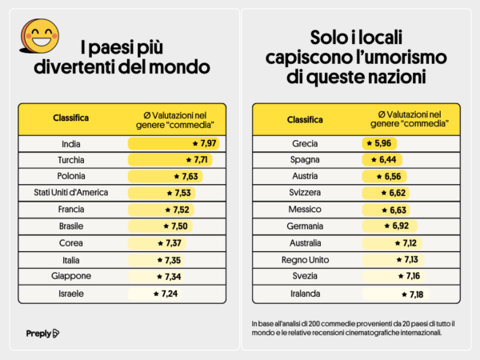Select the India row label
[x=71, y=144]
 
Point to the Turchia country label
[x=71, y=160]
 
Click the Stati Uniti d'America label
[x=71, y=193]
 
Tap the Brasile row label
[x=71, y=226]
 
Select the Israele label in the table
[x=71, y=293]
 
